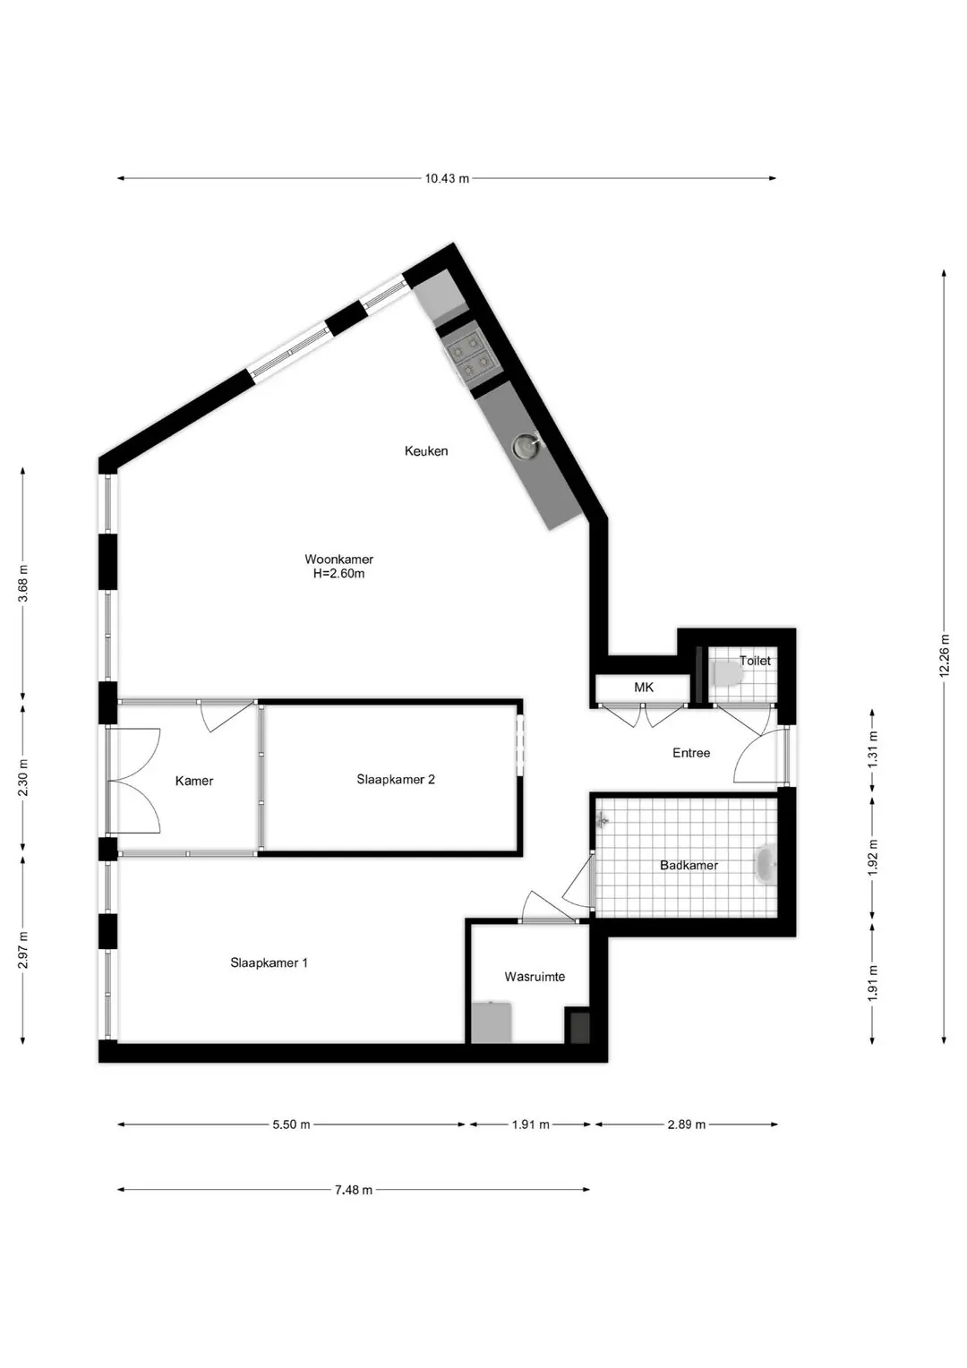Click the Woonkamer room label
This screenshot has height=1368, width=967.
(x=338, y=559)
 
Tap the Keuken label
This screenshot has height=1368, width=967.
(x=426, y=450)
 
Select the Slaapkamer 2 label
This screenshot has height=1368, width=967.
(x=395, y=779)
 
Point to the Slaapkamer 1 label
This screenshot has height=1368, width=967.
(x=269, y=962)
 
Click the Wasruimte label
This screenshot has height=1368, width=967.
(x=535, y=977)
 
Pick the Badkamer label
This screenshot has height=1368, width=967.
(x=689, y=866)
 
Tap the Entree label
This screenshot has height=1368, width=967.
(x=691, y=753)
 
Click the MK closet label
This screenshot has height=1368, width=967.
(x=644, y=688)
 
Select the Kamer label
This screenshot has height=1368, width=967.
(x=194, y=781)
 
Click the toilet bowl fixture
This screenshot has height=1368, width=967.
(x=727, y=673)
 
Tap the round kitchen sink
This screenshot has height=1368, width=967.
(x=526, y=445)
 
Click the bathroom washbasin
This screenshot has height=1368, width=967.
(x=766, y=864)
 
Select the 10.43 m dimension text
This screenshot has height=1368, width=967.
(x=447, y=179)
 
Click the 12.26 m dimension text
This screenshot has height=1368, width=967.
(x=945, y=655)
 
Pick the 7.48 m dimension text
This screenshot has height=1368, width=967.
(x=353, y=1190)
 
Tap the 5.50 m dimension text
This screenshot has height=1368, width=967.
(x=291, y=1124)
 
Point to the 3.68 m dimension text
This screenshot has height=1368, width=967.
(x=23, y=583)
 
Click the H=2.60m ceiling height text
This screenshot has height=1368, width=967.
(x=338, y=574)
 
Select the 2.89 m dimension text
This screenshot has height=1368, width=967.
(x=687, y=1124)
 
